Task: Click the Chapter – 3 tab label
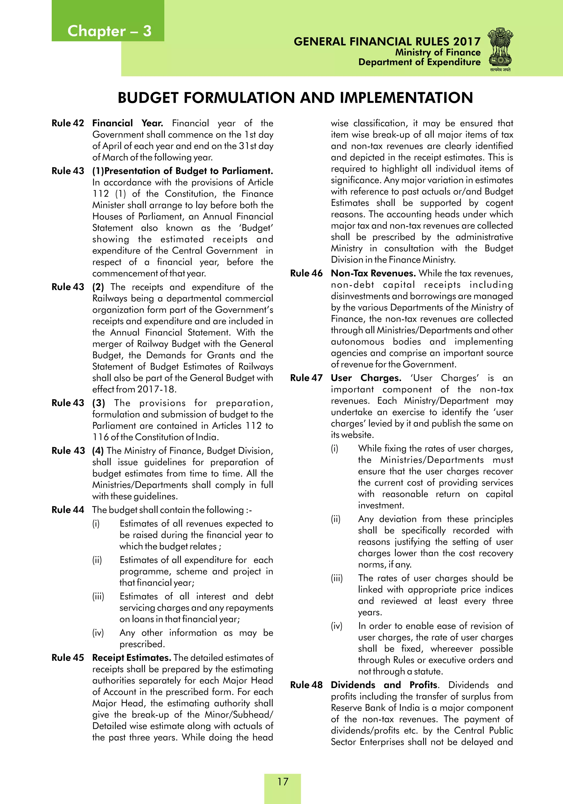click(x=109, y=31)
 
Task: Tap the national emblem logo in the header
click(x=500, y=49)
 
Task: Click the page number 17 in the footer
click(x=283, y=781)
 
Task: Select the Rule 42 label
click(x=68, y=123)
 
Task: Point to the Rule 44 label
click(x=68, y=510)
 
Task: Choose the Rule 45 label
click(x=68, y=658)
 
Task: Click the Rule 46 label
click(x=306, y=273)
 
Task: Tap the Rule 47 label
click(x=306, y=378)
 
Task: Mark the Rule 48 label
click(x=306, y=685)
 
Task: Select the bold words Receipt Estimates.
click(x=132, y=658)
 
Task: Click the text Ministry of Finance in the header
click(x=438, y=53)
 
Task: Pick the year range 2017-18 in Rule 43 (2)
click(x=157, y=389)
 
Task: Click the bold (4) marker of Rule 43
click(x=98, y=451)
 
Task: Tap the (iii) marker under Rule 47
click(x=337, y=578)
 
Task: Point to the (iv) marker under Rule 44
click(x=98, y=633)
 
